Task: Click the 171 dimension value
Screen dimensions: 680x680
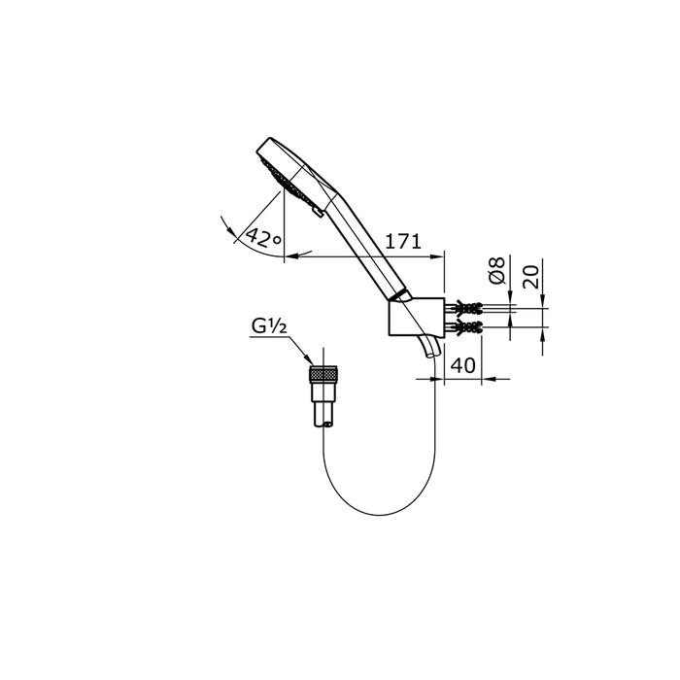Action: coord(403,241)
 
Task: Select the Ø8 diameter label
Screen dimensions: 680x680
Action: coord(497,271)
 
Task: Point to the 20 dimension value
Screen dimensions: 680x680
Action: coord(531,277)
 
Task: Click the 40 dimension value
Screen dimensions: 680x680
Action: coord(463,365)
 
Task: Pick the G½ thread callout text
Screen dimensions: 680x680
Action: coord(269,326)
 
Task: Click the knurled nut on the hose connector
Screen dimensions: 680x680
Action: coord(323,374)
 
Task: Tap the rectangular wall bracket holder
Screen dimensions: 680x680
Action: coord(417,317)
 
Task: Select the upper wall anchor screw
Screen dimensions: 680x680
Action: coord(464,308)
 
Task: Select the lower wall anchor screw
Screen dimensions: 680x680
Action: coord(464,326)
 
